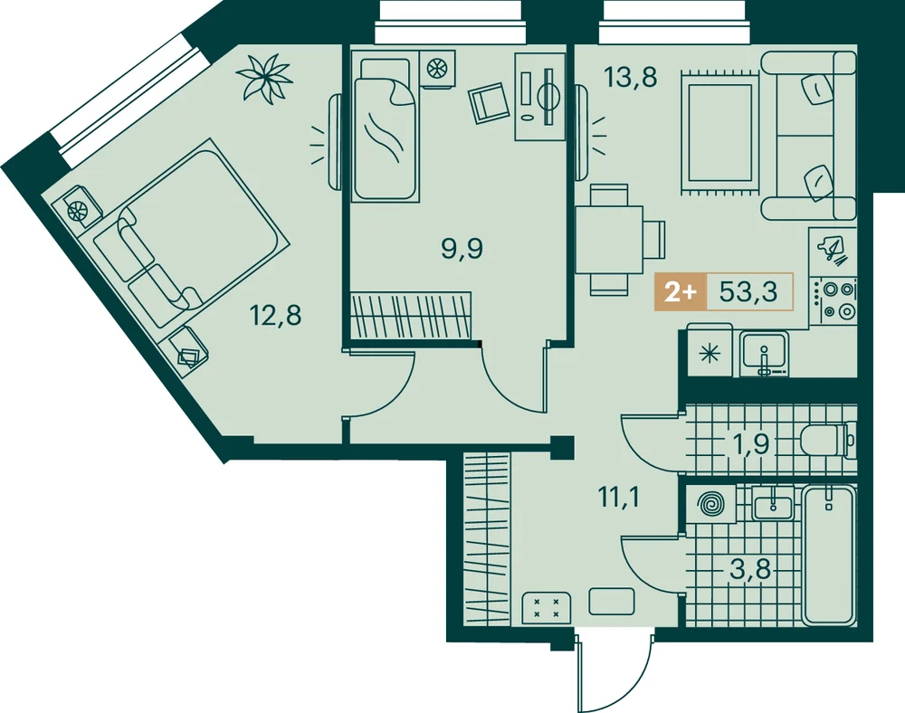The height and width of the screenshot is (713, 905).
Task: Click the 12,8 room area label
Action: (x=275, y=316)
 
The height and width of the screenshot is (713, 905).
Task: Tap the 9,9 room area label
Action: (x=462, y=249)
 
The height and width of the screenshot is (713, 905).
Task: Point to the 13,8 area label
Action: (x=630, y=77)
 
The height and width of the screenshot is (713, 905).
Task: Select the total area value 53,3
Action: (x=749, y=292)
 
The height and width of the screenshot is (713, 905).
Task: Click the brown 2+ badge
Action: (x=681, y=292)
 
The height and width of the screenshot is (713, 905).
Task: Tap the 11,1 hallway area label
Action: (x=619, y=497)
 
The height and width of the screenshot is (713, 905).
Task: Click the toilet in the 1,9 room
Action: (x=826, y=442)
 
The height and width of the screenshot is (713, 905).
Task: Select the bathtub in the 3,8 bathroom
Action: (x=828, y=556)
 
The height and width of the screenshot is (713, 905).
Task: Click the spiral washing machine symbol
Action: (x=710, y=504)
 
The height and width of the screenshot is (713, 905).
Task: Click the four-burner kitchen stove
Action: (x=833, y=300)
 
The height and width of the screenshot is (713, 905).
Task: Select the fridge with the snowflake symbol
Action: (x=710, y=352)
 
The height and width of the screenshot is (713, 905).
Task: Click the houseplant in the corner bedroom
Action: (x=264, y=78)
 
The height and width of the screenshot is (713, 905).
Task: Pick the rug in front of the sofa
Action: (x=718, y=131)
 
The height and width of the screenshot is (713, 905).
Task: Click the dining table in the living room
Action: (x=609, y=240)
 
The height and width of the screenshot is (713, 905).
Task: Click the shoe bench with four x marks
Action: (x=546, y=608)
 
